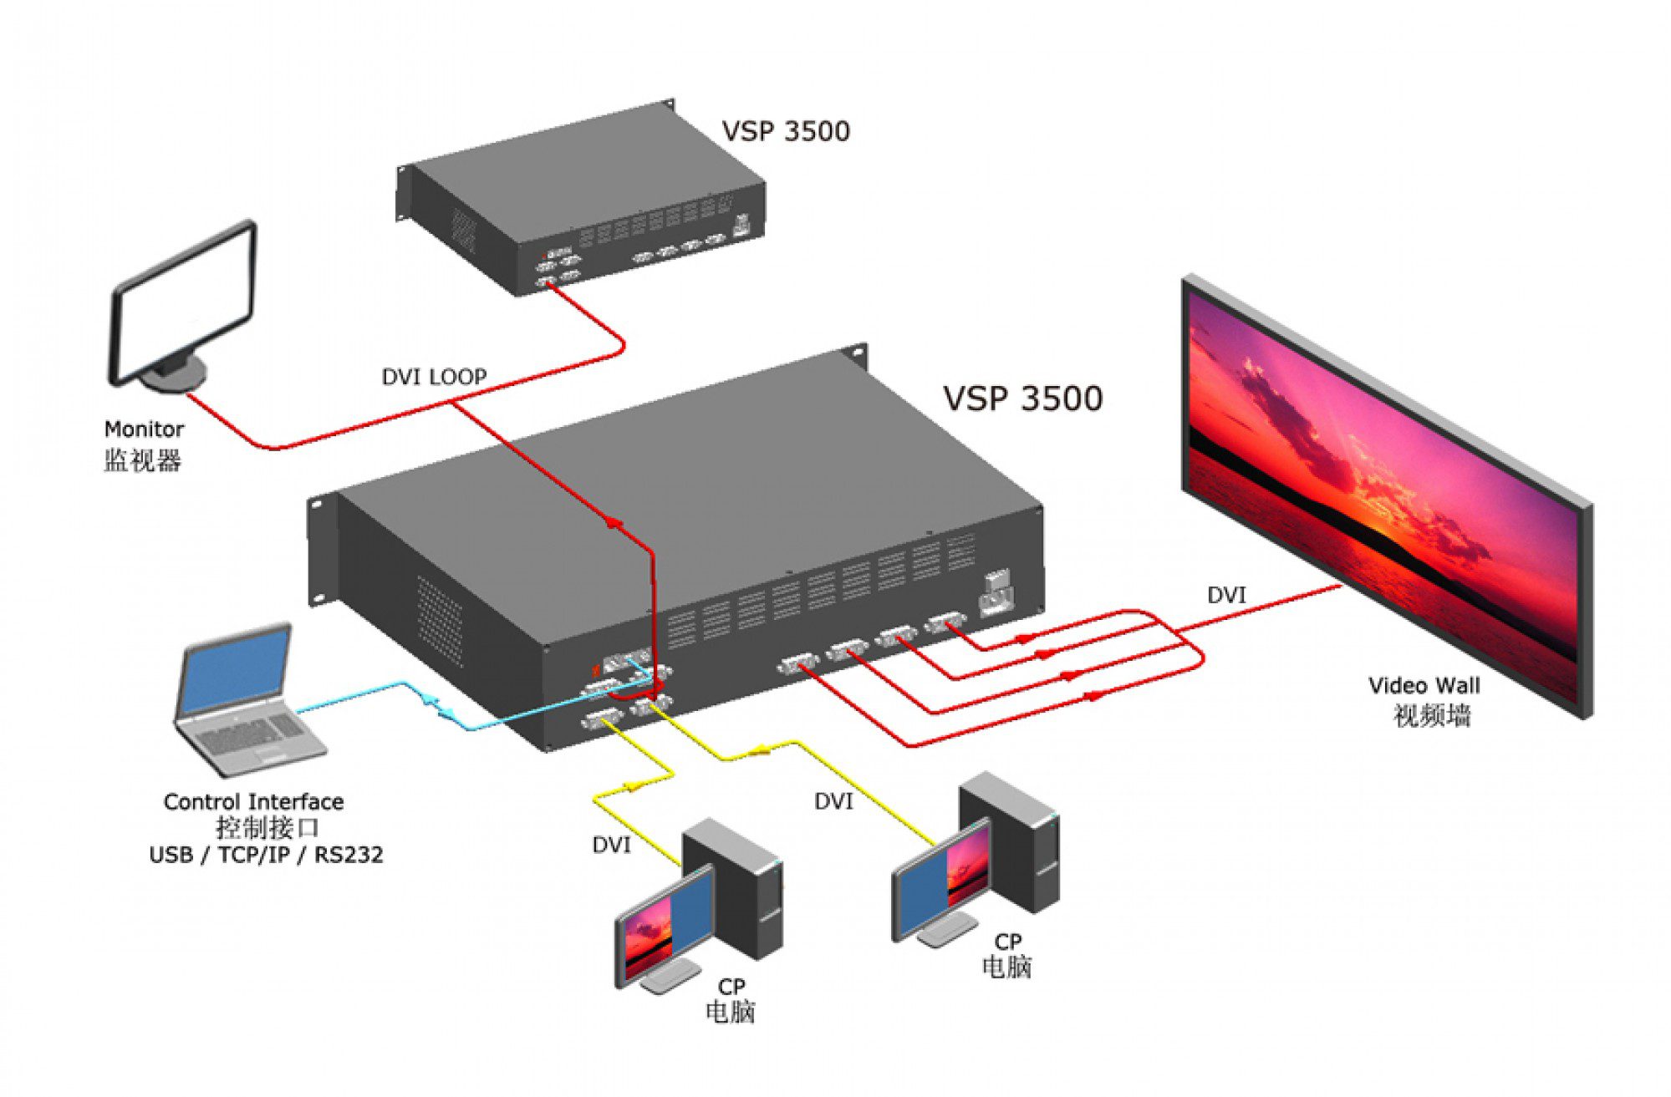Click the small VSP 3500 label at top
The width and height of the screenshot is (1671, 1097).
pos(785,131)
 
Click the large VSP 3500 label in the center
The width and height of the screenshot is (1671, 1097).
pos(1022,399)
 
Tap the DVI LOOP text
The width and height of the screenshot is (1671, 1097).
pos(434,377)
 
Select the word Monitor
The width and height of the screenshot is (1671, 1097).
pos(144,429)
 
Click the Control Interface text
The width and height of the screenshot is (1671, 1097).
pos(253,802)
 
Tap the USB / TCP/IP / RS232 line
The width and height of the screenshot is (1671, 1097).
pos(266,855)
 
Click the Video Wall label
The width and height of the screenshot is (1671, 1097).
pos(1424,686)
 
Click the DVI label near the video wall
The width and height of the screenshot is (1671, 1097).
pos(1226,596)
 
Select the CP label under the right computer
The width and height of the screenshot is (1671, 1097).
pos(1007,942)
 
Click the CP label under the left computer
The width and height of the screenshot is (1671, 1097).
pos(731,987)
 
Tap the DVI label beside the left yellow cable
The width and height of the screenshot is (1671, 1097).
pos(611,846)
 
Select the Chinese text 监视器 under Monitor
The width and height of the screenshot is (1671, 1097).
pos(142,460)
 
